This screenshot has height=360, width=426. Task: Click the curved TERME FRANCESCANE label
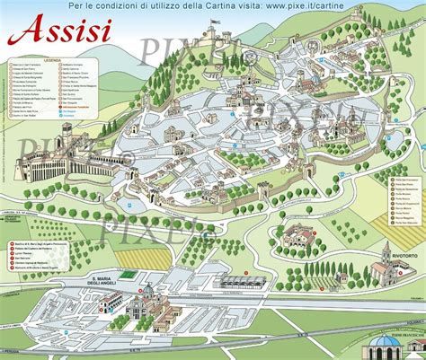click(390, 335)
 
